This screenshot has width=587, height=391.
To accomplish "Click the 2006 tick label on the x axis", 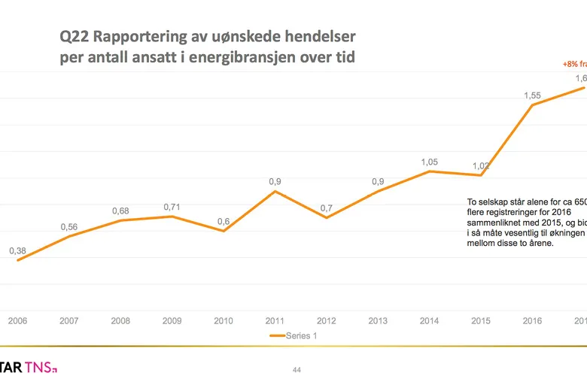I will click(17, 321).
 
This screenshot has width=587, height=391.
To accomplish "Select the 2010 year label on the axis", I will click(224, 321).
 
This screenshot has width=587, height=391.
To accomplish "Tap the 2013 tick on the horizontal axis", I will click(378, 321).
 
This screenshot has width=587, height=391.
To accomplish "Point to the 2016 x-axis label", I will click(532, 321).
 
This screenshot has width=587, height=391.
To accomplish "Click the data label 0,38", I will click(18, 251).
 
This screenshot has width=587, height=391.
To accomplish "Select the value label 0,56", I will click(69, 227).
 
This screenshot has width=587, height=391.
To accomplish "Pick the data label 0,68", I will click(120, 211).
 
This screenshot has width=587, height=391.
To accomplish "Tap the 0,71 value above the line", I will click(172, 207).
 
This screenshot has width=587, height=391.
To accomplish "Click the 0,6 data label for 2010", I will click(224, 221).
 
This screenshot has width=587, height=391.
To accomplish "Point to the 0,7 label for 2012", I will click(326, 208).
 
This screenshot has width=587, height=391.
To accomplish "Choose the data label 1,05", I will click(429, 162).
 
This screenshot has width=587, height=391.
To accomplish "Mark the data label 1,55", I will click(532, 95).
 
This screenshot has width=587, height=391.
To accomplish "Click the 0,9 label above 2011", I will click(275, 182).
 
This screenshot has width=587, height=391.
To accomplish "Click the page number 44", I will click(296, 370).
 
